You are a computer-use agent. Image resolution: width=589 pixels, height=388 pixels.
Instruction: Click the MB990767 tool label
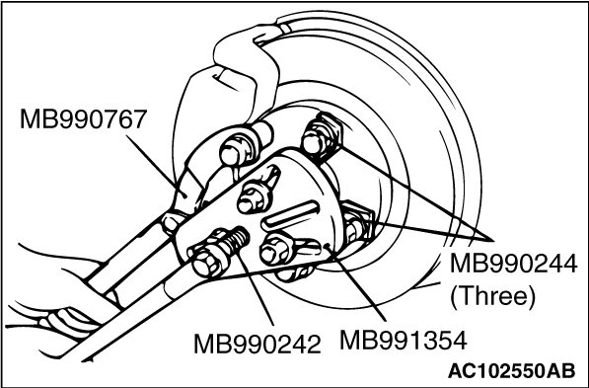click(83, 119)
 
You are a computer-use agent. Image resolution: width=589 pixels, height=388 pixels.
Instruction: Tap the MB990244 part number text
click(513, 264)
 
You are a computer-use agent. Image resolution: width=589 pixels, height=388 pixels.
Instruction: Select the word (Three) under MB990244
click(492, 296)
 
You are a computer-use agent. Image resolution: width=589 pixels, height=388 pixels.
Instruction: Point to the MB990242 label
click(258, 344)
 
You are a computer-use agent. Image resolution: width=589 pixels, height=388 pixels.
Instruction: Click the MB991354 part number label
click(404, 341)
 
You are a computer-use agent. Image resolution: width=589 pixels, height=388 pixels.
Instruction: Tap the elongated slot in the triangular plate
click(291, 215)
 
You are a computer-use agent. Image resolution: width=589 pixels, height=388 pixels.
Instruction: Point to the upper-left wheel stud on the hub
click(236, 147)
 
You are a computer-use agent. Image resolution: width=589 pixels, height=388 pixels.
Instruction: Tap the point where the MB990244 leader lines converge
click(493, 240)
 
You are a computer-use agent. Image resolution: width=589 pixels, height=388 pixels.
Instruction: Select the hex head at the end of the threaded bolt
click(206, 264)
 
